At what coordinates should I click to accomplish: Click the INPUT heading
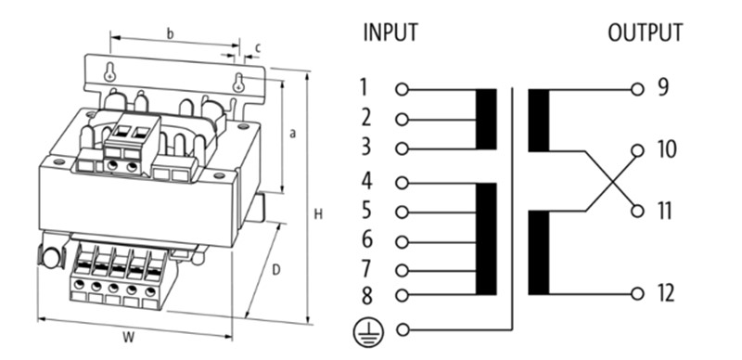[390, 33]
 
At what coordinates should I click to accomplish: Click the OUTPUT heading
[646, 33]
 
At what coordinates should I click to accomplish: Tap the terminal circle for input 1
[402, 90]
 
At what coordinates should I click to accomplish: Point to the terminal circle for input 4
[402, 183]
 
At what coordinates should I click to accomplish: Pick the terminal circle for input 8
[402, 297]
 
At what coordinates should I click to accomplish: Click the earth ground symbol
[367, 331]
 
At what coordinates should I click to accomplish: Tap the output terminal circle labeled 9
[636, 90]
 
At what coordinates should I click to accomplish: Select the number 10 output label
[666, 149]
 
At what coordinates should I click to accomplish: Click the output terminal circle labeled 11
[636, 212]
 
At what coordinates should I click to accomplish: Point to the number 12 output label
[666, 294]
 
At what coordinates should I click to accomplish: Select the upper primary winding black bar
[485, 119]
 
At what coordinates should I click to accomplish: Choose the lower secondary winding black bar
[539, 252]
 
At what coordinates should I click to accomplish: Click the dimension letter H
[317, 214]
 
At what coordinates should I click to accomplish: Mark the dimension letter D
[275, 270]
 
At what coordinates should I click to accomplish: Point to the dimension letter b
[171, 34]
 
